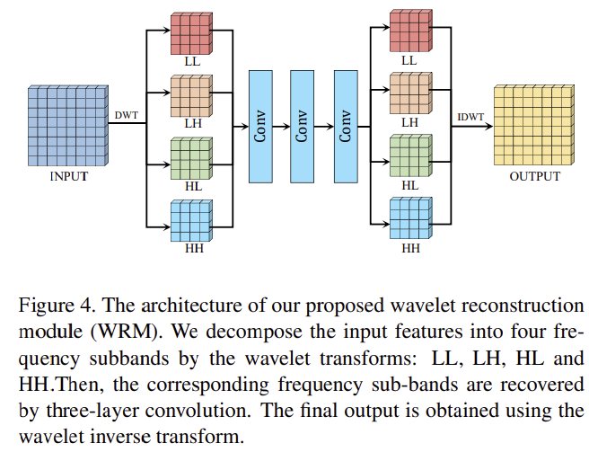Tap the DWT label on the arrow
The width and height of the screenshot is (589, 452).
(x=127, y=114)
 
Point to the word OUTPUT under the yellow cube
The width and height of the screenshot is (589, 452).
(x=534, y=176)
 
